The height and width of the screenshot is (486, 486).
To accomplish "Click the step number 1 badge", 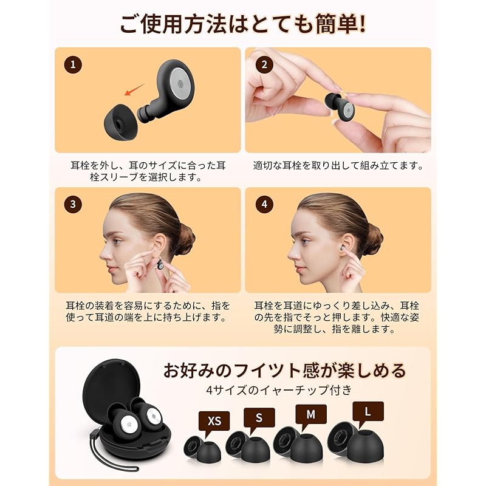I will pyautogui.click(x=73, y=64).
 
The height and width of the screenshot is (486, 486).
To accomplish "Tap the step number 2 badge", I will pyautogui.click(x=264, y=64).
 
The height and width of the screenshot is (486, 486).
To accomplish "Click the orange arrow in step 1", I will pyautogui.click(x=134, y=90).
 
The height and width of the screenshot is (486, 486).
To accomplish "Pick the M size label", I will pyautogui.click(x=310, y=414).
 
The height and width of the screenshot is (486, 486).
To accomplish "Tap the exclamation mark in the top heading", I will pyautogui.click(x=361, y=26).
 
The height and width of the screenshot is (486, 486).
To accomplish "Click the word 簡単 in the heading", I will pyautogui.click(x=328, y=26).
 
